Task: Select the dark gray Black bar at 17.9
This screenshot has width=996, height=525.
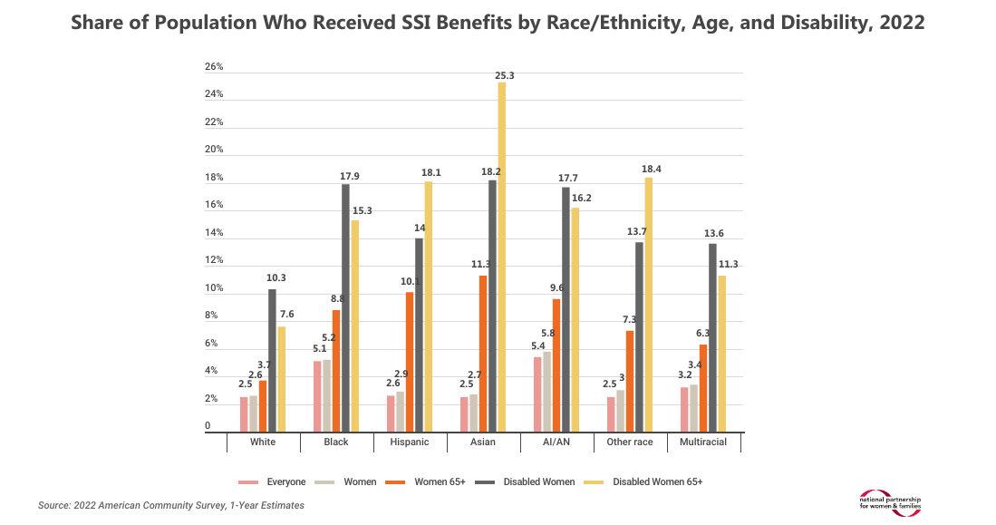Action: (344, 308)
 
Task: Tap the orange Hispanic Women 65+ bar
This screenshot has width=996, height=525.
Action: (409, 363)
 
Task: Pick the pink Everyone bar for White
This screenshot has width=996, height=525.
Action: (244, 414)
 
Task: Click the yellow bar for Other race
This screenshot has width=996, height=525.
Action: (648, 305)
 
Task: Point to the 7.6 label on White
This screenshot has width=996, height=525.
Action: (282, 316)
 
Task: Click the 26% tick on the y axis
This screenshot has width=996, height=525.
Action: (214, 67)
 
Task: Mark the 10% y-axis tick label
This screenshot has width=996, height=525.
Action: (214, 288)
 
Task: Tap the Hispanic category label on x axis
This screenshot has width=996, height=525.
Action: (410, 442)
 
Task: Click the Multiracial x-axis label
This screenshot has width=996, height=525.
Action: (703, 442)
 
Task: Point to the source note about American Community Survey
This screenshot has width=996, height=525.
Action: (171, 505)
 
